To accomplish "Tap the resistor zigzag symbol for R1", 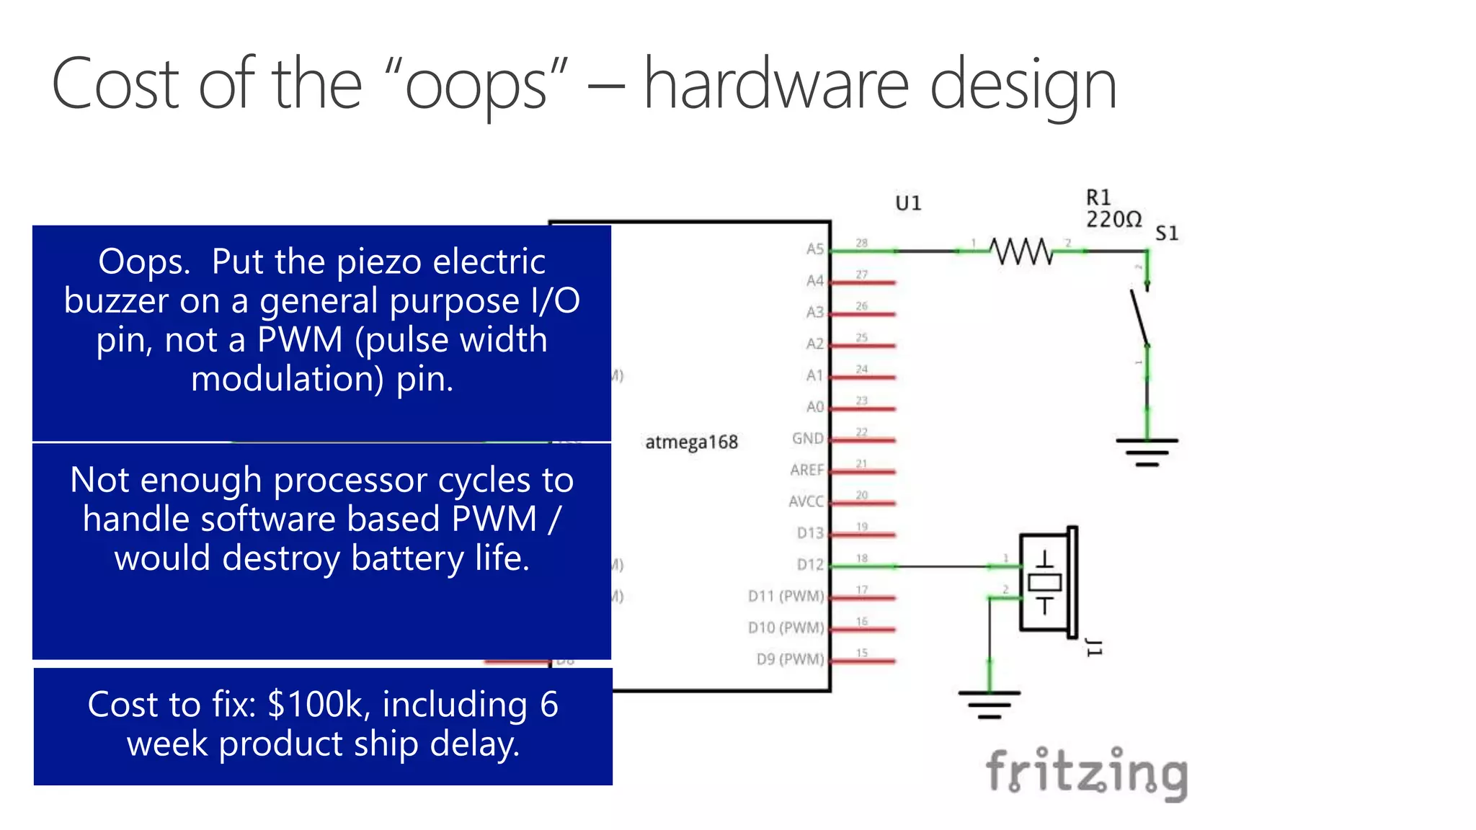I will click(1021, 251).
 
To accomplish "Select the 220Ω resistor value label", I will click(1113, 219).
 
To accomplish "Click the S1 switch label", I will click(1167, 233).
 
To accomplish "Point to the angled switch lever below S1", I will click(1139, 318).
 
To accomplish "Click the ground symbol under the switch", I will click(1147, 451).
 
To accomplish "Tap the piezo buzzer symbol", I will click(1047, 581).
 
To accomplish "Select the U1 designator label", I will click(908, 203).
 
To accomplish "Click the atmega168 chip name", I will click(691, 442).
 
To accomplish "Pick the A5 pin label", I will click(814, 249).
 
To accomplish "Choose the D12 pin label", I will click(810, 565).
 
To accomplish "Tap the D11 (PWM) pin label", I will click(786, 597).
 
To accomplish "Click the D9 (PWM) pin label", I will click(790, 659).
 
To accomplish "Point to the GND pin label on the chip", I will click(807, 439).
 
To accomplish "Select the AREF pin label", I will click(806, 470).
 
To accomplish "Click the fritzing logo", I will click(1086, 772).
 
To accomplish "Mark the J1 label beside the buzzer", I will click(1094, 647).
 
